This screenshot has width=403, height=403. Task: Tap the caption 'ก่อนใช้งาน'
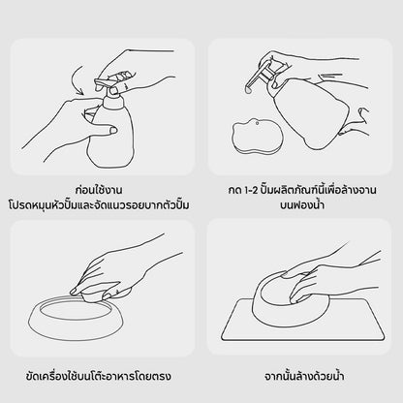click(99, 189)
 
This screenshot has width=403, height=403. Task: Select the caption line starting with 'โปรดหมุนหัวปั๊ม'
click(99, 205)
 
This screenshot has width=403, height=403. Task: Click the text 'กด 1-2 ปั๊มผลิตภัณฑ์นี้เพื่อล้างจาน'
click(302, 190)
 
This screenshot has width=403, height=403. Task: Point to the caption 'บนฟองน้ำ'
click(302, 204)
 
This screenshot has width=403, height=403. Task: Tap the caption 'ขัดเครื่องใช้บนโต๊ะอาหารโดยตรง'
click(98, 376)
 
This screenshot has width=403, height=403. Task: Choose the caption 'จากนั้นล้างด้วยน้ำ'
click(304, 376)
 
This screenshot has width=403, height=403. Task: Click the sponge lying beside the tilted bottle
click(258, 137)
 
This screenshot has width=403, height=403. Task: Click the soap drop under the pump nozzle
click(248, 91)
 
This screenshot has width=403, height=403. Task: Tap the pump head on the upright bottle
click(108, 84)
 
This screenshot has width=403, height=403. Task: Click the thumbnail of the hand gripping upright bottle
click(113, 130)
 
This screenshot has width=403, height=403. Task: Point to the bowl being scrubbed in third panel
click(75, 318)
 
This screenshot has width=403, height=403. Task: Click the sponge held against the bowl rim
click(95, 297)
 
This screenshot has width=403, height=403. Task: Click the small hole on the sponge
click(257, 123)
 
